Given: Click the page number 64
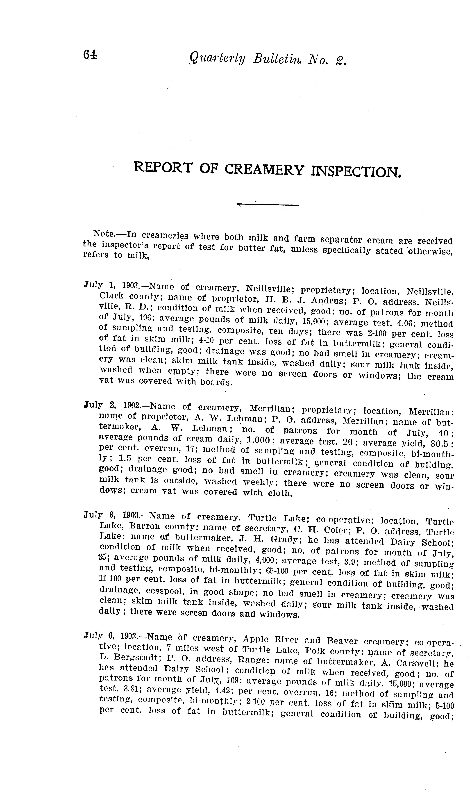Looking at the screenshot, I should pyautogui.click(x=90, y=55).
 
